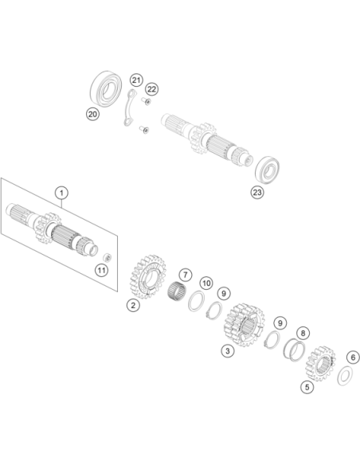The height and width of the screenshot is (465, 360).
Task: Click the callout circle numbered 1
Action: [x=61, y=193]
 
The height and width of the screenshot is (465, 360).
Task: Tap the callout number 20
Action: [x=92, y=114]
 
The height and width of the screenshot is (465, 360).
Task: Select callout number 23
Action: [x=256, y=193]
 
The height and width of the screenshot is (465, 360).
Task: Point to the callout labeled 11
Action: [x=101, y=270]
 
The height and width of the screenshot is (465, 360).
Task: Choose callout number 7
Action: [x=186, y=275]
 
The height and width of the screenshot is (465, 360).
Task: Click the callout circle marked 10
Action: [x=206, y=283]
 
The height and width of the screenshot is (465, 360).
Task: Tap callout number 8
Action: [x=303, y=333]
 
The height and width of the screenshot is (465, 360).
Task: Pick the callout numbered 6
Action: [x=353, y=358]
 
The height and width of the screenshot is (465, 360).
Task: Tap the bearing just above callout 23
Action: [x=267, y=170]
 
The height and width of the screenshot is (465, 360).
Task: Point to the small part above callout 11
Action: [x=107, y=257]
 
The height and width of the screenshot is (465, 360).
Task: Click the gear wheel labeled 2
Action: [x=147, y=276]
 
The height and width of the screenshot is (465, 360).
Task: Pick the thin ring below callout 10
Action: [x=196, y=301]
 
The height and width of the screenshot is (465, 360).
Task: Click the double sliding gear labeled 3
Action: [x=244, y=325]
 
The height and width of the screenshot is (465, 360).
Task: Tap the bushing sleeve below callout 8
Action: [x=295, y=350]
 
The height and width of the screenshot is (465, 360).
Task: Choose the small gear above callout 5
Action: [x=320, y=363]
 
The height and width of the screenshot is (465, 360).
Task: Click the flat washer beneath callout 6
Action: [x=345, y=376]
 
